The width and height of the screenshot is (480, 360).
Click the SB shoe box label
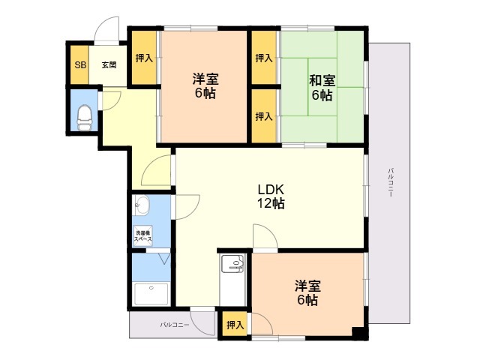pos(80,65)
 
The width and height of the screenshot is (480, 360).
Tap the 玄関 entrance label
pos(109,65)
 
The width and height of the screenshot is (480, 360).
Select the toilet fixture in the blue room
pos(85,118)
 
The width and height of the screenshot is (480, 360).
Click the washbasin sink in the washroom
pos(142,205)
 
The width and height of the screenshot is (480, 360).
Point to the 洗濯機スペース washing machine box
pos(143,236)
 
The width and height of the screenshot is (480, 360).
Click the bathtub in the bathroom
pos(151,294)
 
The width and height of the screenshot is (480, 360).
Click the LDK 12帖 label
pos(271,196)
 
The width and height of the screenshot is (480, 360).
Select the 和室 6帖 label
pos(322,88)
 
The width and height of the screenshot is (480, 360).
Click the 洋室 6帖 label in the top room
pos(205,85)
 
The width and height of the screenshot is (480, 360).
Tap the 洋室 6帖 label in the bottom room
pos(307,293)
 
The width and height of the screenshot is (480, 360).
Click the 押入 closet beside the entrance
pos(144,58)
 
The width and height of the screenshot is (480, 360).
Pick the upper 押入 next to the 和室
pos(264,58)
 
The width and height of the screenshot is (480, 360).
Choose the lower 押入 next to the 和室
pos(264,116)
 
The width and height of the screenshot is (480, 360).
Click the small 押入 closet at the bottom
pos(235,325)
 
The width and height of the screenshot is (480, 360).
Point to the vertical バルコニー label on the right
pos(390,182)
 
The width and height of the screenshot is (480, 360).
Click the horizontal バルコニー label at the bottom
pos(175,325)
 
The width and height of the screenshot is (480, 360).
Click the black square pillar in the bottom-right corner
pos(358,332)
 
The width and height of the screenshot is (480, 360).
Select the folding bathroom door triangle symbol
pos(165,258)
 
